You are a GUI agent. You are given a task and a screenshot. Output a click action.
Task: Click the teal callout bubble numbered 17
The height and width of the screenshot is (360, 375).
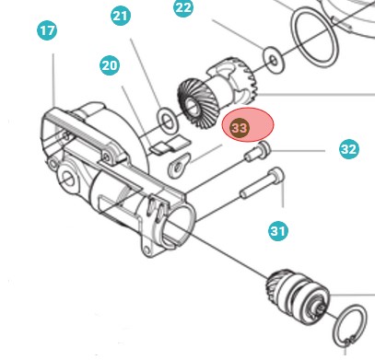pos(47,31)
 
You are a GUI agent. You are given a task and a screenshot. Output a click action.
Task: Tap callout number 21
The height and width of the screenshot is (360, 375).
pos(121,16)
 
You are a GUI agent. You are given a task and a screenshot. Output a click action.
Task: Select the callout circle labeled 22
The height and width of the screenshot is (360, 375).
pos(184,8)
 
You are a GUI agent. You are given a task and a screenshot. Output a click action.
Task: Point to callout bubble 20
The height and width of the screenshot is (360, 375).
pos(111,65)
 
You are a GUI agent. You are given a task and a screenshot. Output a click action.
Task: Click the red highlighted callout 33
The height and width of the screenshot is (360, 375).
pos(240,128)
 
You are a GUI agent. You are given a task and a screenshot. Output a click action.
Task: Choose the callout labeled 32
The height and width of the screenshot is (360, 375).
pos(348,148)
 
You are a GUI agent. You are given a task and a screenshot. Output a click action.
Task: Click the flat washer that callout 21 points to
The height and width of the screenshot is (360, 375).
pos(167,118)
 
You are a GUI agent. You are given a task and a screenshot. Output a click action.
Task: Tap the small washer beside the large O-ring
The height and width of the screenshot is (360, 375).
pos(273,61)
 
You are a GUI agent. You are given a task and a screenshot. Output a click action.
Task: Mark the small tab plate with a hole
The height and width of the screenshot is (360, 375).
pos(179,165)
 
